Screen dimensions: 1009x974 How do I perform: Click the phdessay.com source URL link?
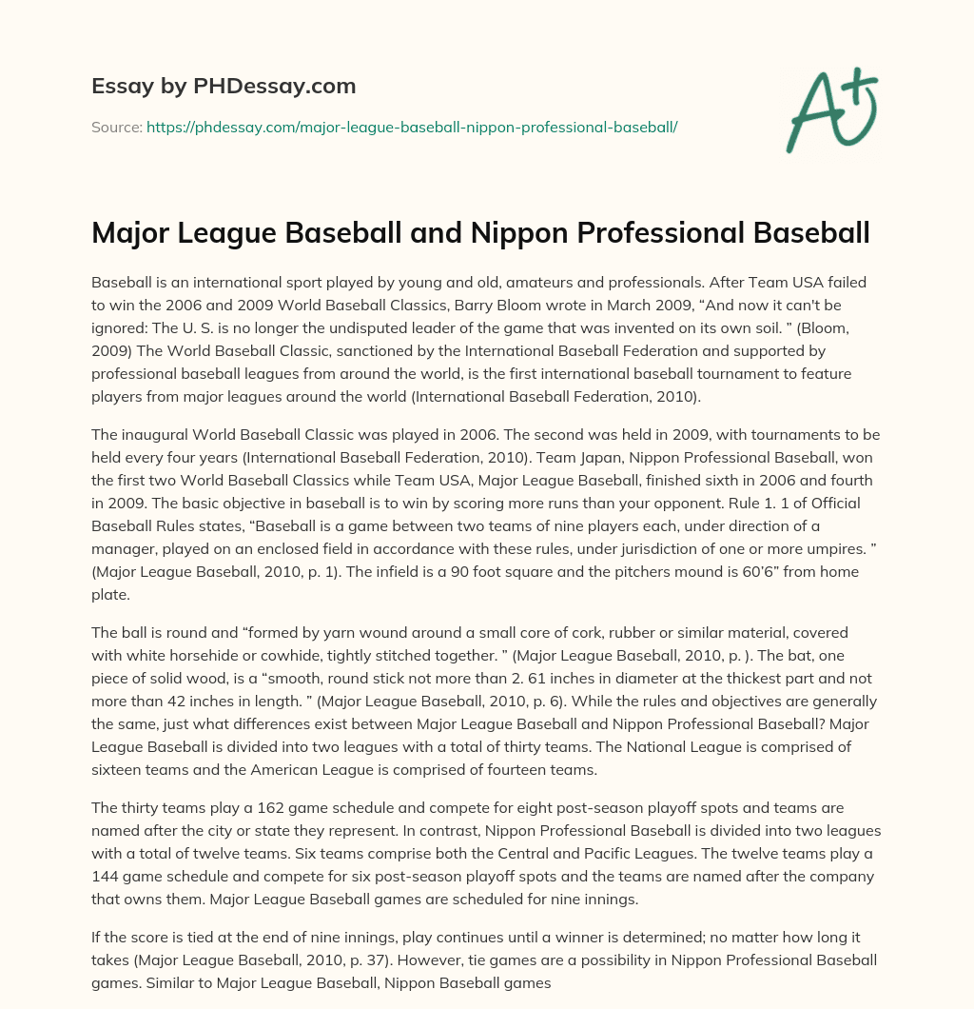pyautogui.click(x=411, y=126)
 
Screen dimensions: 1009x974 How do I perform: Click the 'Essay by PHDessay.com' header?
pyautogui.click(x=224, y=87)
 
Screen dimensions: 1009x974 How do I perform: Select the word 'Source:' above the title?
pyautogui.click(x=116, y=126)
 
